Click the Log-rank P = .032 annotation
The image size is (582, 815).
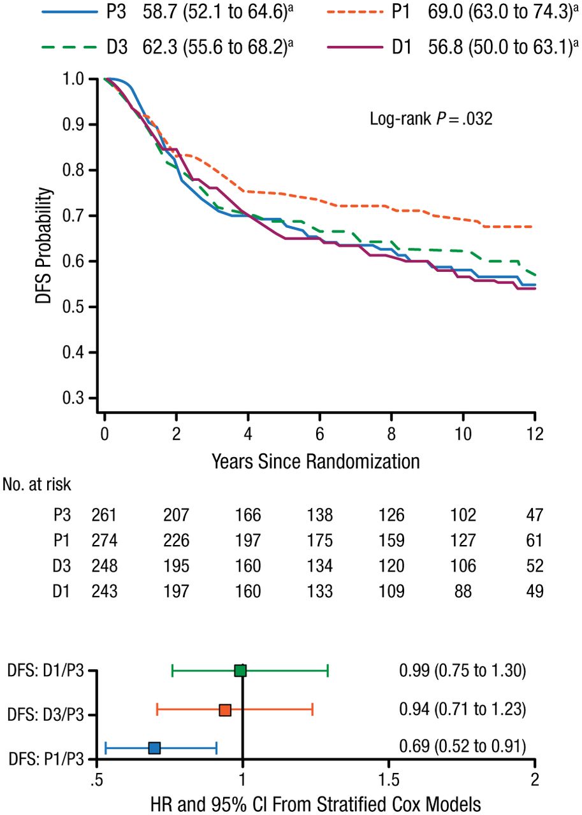(431, 118)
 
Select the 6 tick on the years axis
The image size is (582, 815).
(319, 435)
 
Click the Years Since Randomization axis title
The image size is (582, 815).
(316, 460)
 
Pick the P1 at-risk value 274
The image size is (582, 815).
(105, 541)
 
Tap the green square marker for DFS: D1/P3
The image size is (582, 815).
(240, 670)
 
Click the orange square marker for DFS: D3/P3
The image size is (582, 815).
(225, 710)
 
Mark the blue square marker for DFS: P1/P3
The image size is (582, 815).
(154, 748)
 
